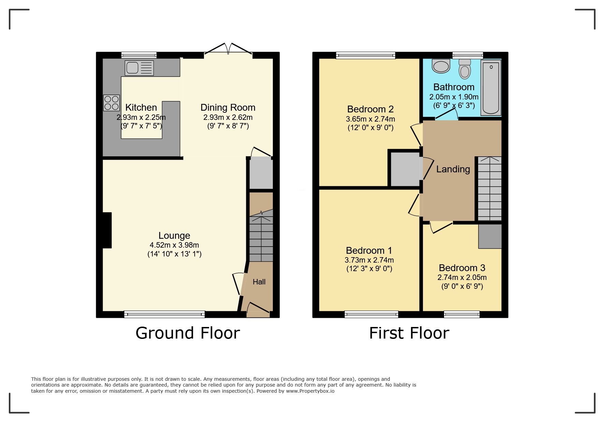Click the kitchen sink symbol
click(139, 68)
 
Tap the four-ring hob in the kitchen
click(112, 103)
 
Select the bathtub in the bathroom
click(491, 88)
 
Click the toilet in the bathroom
click(465, 70)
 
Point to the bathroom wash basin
click(441, 66)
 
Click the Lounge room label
click(174, 236)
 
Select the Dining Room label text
click(228, 108)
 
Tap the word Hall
click(259, 282)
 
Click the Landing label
click(453, 169)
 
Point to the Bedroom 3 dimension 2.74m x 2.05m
click(462, 278)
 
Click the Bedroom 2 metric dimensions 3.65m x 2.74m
click(370, 119)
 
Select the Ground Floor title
click(188, 333)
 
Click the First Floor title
click(409, 333)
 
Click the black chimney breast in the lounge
click(107, 230)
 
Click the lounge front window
click(164, 314)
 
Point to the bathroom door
click(446, 115)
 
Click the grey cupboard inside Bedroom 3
click(490, 236)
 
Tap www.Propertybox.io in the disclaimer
click(310, 391)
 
